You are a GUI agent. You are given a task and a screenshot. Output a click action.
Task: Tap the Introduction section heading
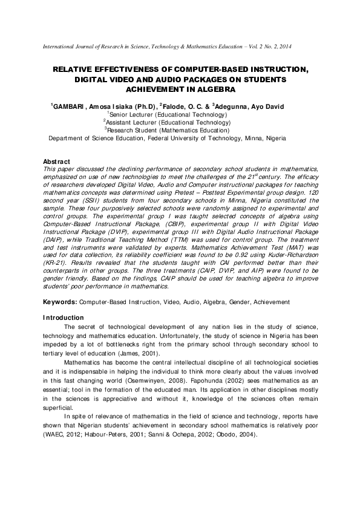(63, 318)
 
